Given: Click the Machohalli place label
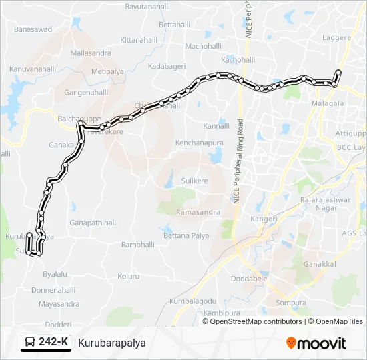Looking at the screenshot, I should click(203, 46).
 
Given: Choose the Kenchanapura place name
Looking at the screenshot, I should click(198, 143).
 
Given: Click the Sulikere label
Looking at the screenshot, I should click(194, 181).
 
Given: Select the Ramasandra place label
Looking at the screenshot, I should click(198, 212).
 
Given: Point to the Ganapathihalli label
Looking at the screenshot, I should click(93, 223).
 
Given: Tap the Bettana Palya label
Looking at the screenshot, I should click(186, 236).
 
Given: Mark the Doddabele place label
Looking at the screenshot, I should click(249, 279).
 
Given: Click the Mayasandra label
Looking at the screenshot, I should click(59, 304).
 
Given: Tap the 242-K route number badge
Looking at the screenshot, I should click(46, 343).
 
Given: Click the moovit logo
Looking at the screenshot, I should click(316, 343).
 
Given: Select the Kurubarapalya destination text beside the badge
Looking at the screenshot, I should click(111, 343).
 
